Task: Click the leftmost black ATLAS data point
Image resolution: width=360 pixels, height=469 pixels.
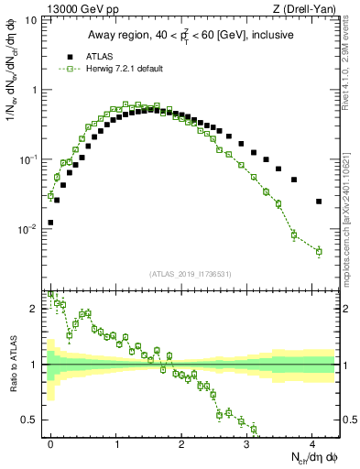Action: [50, 223]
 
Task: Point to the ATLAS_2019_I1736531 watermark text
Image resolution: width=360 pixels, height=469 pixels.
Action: [190, 274]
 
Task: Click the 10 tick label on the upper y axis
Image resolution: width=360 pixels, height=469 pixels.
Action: [31, 20]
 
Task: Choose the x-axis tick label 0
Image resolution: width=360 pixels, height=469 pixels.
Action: [50, 443]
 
